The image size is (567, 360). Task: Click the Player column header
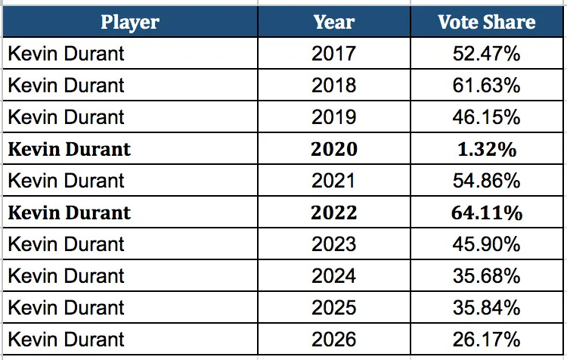129,21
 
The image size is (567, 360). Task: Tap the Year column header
334,21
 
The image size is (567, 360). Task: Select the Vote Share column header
486,21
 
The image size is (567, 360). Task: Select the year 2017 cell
334,54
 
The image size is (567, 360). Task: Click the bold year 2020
334,149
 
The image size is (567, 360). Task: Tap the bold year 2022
334,213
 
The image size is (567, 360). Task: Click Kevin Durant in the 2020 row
69,149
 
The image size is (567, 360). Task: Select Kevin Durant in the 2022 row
69,213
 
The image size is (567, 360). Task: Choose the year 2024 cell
334,276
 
